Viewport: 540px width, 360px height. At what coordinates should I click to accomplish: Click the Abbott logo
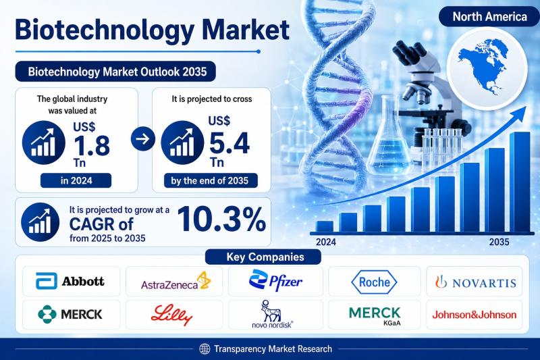70,281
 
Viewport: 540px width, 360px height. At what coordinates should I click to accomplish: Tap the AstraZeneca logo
175,281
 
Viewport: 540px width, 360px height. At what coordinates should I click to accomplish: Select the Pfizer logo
275,280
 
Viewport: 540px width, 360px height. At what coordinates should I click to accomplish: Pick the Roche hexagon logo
374,282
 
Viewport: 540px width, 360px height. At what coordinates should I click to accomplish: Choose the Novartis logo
476,282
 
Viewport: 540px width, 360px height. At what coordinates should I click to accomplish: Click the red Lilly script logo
171,315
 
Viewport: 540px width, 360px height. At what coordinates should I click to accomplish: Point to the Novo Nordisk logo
272,314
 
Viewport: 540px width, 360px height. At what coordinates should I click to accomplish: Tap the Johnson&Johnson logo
475,315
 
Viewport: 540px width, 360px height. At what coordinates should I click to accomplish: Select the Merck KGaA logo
375,316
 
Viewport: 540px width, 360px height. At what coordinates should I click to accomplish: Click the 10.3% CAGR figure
221,219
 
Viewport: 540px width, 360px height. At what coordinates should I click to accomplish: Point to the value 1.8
92,146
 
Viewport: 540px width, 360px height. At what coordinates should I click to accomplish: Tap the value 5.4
230,143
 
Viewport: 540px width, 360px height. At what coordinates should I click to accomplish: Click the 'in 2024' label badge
76,180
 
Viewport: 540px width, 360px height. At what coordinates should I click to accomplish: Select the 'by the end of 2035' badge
210,180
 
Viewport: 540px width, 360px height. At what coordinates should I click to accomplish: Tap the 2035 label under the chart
499,242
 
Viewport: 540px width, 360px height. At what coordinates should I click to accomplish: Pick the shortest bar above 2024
325,227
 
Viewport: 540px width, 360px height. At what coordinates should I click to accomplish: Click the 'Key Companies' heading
263,257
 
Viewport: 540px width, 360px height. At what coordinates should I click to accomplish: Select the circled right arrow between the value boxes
143,139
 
